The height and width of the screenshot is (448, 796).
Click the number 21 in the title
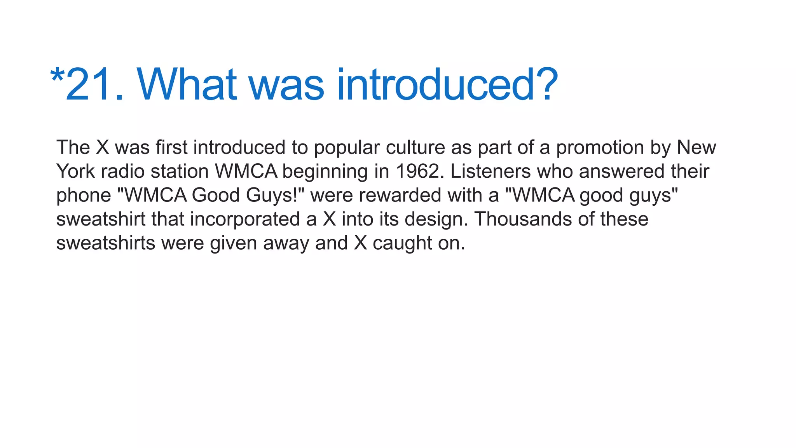(91, 84)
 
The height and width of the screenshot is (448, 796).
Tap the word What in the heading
(187, 84)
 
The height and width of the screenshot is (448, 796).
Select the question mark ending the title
(546, 84)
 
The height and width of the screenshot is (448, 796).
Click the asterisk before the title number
(57, 75)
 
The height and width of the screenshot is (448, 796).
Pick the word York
(75, 171)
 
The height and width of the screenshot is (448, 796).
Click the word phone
(84, 196)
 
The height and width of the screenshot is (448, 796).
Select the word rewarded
(400, 195)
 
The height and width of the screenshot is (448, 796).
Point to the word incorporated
(245, 219)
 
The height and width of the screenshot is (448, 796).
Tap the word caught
(402, 243)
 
